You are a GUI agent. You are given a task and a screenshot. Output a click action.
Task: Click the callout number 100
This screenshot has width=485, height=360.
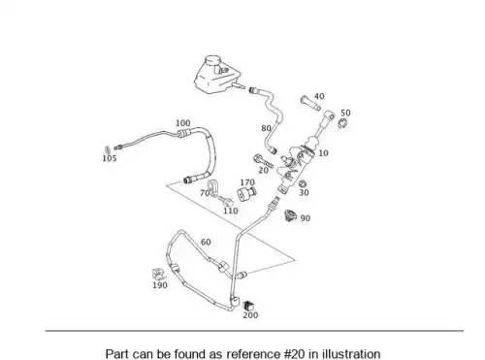(183, 123)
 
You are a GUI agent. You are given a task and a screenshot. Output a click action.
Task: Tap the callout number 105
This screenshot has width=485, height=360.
(110, 158)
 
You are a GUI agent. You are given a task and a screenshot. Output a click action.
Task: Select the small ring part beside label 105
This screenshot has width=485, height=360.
(108, 149)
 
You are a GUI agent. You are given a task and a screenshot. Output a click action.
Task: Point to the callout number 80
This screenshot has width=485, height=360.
(266, 128)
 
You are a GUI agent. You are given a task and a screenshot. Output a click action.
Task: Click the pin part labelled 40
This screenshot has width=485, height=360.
(310, 103)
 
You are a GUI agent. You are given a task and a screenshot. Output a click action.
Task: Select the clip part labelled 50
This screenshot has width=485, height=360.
(342, 123)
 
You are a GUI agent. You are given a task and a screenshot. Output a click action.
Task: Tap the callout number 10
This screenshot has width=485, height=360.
(323, 153)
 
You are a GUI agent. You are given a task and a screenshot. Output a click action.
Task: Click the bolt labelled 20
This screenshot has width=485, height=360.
(263, 162)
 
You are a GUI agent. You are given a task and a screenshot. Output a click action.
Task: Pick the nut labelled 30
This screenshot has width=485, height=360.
(303, 184)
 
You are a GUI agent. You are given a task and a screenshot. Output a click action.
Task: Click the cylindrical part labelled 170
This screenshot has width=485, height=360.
(246, 194)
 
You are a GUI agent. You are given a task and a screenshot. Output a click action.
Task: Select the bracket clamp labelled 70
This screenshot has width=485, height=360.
(213, 187)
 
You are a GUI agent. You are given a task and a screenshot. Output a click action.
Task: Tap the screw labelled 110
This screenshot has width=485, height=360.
(226, 201)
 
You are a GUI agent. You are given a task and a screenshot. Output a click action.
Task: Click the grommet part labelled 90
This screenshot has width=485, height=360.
(291, 215)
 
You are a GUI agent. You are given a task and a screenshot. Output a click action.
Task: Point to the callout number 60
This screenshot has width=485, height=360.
(206, 242)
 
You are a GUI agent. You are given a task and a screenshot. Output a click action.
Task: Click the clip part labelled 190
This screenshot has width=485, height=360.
(158, 275)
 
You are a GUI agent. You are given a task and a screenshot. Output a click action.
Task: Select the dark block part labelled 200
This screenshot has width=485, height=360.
(248, 305)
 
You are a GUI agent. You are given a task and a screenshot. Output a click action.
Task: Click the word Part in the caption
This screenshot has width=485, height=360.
(117, 353)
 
